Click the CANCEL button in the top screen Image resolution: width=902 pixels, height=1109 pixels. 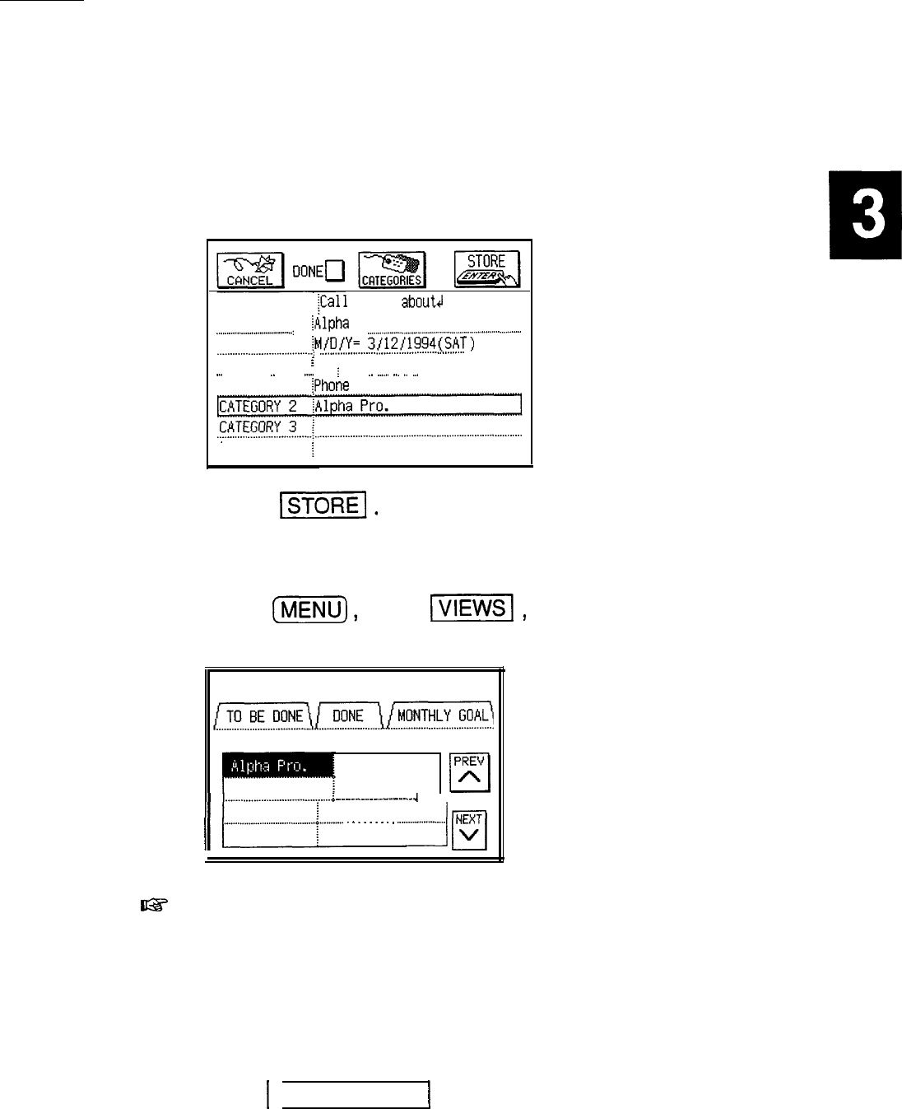250,269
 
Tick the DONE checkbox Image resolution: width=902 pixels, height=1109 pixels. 333,270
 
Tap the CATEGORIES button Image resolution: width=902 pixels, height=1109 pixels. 393,269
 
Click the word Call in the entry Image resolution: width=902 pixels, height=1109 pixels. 334,302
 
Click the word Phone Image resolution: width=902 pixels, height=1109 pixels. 331,385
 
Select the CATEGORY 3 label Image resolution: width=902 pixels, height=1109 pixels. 258,427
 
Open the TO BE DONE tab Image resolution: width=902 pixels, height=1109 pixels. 265,715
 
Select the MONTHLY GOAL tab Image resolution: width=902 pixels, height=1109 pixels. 443,715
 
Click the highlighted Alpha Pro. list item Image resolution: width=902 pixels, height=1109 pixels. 277,766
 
